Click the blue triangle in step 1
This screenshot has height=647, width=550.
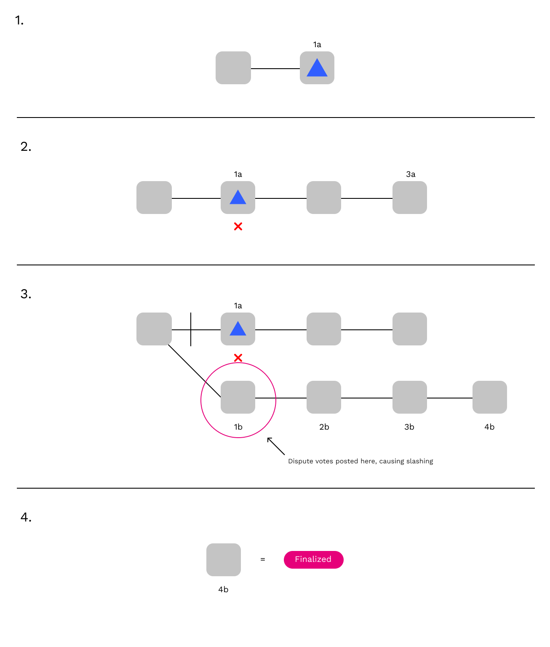point(317,69)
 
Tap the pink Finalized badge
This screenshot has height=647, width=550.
point(314,559)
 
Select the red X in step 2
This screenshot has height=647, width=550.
point(238,227)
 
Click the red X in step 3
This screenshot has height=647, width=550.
point(238,358)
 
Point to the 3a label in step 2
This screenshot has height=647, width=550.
point(411,174)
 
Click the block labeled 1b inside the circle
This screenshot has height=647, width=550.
point(238,397)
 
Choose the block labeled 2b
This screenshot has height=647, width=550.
point(324,397)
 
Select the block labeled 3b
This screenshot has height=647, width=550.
point(410,397)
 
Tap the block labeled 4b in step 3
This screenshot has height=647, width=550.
point(490,397)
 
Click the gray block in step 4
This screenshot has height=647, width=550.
point(224,560)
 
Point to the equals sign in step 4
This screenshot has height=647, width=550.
point(263,559)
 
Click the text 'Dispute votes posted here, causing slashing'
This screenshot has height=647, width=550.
point(360,461)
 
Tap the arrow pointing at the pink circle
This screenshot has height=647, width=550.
point(276,446)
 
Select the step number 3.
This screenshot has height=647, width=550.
point(26,294)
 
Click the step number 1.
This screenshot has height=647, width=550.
point(19,20)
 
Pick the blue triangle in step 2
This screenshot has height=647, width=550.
point(238,198)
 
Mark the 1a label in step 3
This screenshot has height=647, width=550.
point(238,306)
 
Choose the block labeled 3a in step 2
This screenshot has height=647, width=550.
point(410,198)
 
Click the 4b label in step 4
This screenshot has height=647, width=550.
point(223,590)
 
